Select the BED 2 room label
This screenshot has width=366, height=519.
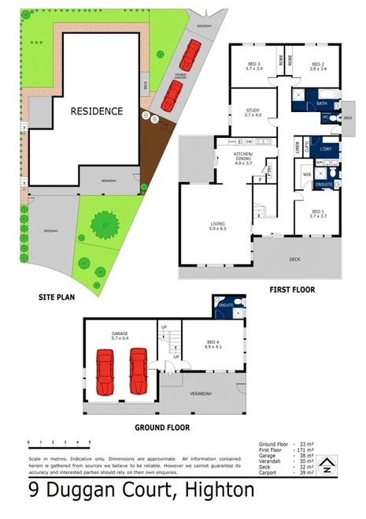[319, 66]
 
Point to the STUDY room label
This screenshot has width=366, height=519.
[252, 113]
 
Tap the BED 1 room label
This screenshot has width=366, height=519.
[317, 213]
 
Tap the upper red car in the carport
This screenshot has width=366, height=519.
[189, 55]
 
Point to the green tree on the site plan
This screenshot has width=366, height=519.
[102, 224]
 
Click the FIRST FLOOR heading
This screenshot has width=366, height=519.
[297, 290]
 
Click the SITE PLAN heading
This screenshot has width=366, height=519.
[56, 298]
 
